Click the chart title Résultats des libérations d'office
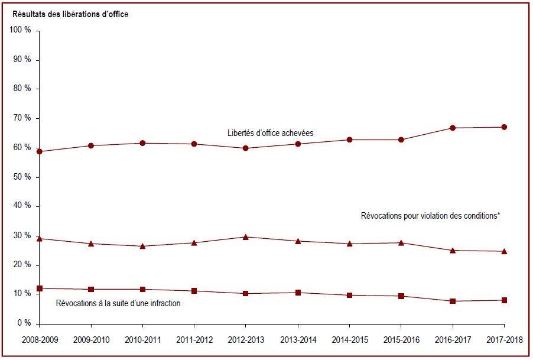(x=70, y=14)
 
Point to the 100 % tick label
(x=20, y=30)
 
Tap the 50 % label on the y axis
(x=22, y=177)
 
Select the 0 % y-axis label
(x=24, y=323)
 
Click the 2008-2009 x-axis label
(x=40, y=340)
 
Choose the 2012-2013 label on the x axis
(x=246, y=340)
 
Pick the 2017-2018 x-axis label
(x=505, y=340)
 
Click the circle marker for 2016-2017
(x=453, y=128)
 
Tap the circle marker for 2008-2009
(x=40, y=151)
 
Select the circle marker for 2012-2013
(x=245, y=148)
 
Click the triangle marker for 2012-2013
(x=245, y=237)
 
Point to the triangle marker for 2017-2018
(x=504, y=252)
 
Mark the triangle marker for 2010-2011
(x=142, y=246)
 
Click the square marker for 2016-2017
(x=453, y=301)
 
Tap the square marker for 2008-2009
(x=40, y=288)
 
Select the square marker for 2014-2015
(x=349, y=296)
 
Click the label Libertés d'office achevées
(x=270, y=133)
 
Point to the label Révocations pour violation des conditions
(x=430, y=216)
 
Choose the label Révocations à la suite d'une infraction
(x=118, y=303)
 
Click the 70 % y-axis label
(x=22, y=118)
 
